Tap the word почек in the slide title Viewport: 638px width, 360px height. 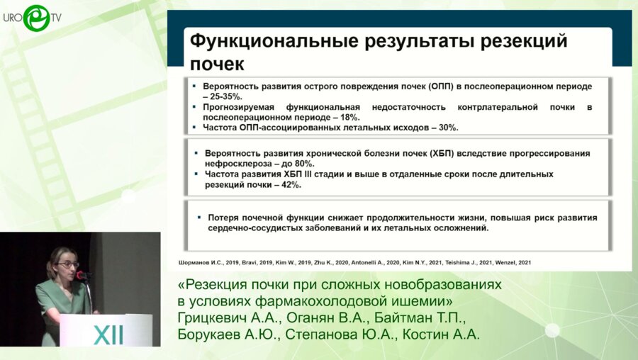(x=216, y=64)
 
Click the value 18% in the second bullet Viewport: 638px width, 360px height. (x=348, y=117)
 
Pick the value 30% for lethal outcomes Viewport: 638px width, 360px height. (x=446, y=128)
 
